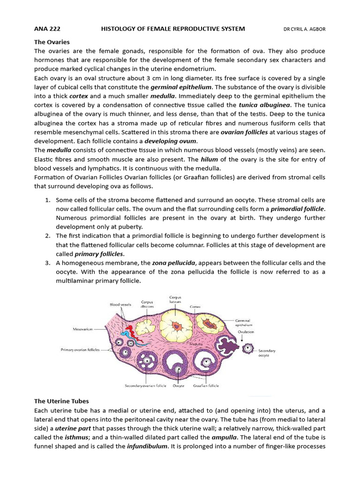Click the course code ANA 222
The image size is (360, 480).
tap(47, 29)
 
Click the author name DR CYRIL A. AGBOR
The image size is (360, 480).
tap(304, 29)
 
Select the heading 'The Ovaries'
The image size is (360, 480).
tap(52, 42)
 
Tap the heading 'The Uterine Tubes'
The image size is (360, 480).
tap(61, 401)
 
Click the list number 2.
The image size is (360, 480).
tap(48, 236)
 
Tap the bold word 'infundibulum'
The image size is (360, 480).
tap(147, 446)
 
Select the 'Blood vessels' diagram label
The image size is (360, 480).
tap(120, 304)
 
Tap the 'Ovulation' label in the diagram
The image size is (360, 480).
tap(246, 332)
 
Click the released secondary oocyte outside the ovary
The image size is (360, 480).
tap(247, 348)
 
